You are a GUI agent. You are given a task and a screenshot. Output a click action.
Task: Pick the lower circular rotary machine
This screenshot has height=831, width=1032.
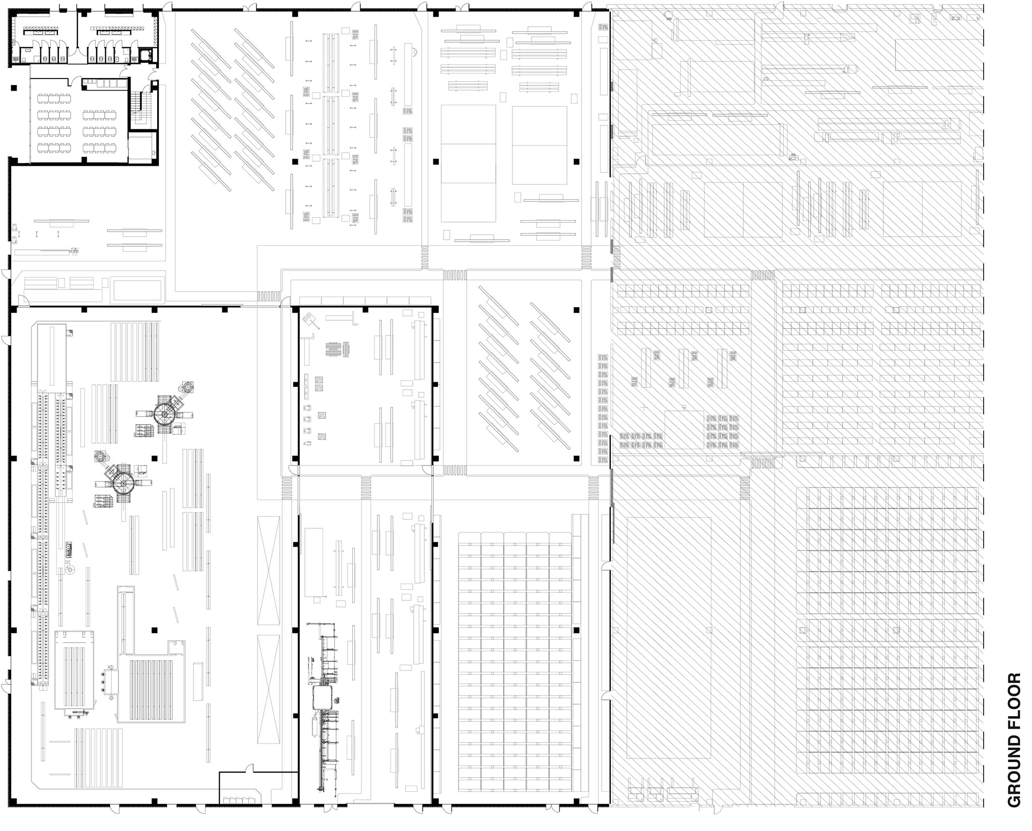point(123,482)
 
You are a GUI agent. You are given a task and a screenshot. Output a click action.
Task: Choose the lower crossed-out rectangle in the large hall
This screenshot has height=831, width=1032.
point(268,689)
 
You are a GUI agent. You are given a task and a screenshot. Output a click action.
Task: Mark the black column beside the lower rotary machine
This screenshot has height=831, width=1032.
point(155,458)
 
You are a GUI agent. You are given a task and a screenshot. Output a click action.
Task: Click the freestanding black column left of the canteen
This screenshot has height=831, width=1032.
point(13,88)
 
